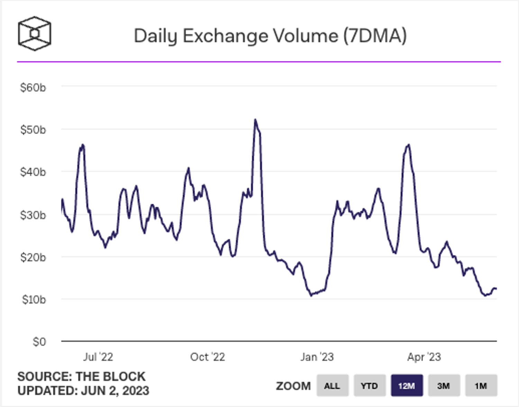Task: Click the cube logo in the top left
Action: tap(35, 34)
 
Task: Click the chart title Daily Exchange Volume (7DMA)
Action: tap(270, 36)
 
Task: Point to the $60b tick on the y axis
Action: tap(33, 88)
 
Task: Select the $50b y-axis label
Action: tap(33, 130)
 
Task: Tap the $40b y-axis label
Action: tap(33, 172)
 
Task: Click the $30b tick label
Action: tap(33, 215)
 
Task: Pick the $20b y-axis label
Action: tap(33, 257)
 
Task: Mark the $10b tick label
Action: tap(34, 300)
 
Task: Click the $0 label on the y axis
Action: tap(39, 342)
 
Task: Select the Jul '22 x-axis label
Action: tap(98, 357)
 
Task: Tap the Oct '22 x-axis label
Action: tap(208, 357)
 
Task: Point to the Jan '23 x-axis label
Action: tap(317, 357)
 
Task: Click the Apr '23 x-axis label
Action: tap(424, 357)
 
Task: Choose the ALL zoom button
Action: tap(332, 386)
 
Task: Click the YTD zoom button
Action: tap(369, 386)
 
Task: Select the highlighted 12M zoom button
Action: tap(407, 386)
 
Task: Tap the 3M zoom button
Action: tap(444, 386)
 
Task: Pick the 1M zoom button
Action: tap(481, 386)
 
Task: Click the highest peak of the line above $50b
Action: tap(255, 120)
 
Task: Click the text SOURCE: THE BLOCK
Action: tap(81, 377)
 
